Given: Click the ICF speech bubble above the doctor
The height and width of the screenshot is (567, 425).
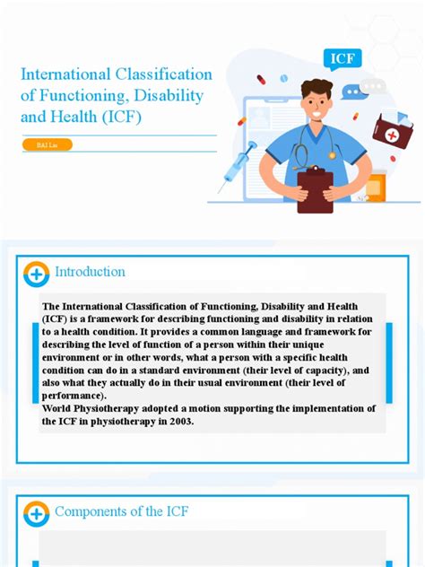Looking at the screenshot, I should point(343,59).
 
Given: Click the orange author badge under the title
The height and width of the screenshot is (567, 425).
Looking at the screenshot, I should point(46,144).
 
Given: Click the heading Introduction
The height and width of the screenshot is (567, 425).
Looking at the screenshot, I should point(90,272).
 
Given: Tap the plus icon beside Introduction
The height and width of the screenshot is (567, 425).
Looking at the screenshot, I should point(36,273).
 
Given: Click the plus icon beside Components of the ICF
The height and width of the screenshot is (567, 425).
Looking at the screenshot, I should point(36,514).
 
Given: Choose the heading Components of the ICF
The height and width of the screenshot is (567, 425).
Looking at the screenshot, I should point(121,511).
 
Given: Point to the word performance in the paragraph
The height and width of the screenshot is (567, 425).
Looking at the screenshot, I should point(74,396).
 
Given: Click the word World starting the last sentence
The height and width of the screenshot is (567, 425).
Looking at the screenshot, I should point(59,408).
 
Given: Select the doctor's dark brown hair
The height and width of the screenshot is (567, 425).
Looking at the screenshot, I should point(316,87).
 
